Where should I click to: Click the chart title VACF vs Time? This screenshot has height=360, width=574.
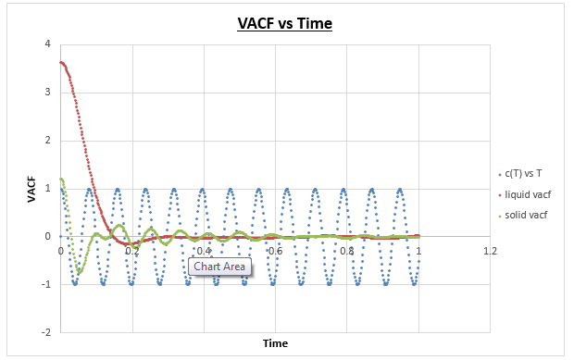coord(285,23)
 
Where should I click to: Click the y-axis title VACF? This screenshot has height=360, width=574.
coord(31,189)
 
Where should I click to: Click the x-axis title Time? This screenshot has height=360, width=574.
coord(275,343)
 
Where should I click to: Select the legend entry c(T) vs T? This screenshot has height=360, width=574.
coord(519,173)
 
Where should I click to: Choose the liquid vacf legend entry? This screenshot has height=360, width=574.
coord(524,194)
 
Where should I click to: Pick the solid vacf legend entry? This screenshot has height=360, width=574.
coord(522,215)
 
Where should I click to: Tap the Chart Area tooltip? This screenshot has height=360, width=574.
coord(219,267)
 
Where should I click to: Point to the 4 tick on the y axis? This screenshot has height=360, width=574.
coord(48,43)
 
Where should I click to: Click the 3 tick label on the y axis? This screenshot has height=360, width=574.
coord(48,92)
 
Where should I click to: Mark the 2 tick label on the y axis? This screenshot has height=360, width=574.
coord(48,140)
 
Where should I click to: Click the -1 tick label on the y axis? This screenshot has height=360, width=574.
coord(46,284)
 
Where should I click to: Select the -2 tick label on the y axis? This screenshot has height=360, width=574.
coord(46,332)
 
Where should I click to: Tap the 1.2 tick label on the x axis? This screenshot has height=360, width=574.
coord(490,251)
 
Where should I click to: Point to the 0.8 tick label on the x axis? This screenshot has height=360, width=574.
coord(347,251)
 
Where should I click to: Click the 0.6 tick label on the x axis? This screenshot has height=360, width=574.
coord(275,251)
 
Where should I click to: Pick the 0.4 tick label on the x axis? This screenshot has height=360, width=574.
coord(204,251)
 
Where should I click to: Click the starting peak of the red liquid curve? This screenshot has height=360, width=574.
coord(61,62)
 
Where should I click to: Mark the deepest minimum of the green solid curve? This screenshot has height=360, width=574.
coord(80,272)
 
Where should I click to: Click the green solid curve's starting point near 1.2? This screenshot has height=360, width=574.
coord(61,179)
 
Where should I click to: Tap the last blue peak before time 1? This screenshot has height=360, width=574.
coord(400,189)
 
